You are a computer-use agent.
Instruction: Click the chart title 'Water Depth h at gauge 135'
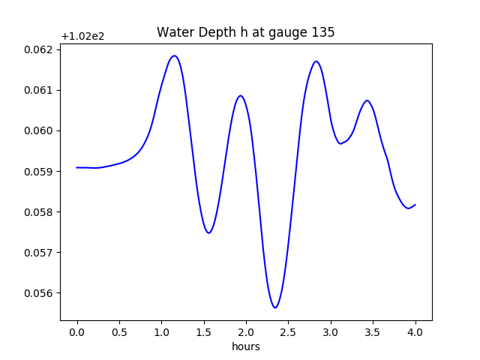[245, 32]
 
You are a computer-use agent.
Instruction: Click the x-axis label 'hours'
[245, 346]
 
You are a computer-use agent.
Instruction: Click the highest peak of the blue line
[174, 55]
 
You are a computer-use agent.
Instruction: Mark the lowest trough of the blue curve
[275, 307]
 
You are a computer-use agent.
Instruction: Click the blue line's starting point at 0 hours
[77, 167]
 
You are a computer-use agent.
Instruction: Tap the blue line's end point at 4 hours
[415, 204]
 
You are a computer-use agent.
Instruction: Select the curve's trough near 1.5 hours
[209, 232]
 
